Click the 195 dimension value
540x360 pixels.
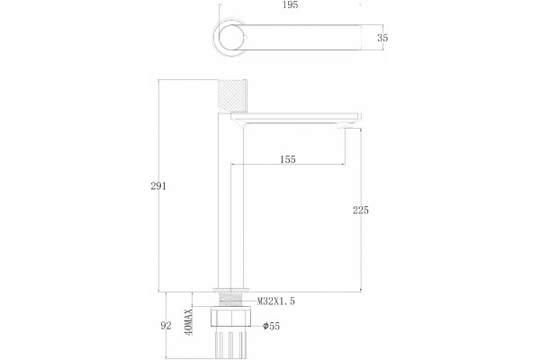tap(290, 4)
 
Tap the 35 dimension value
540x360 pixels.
tap(382, 38)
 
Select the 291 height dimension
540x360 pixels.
tap(158, 186)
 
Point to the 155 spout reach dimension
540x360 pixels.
tap(288, 159)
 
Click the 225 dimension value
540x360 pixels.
tap(361, 210)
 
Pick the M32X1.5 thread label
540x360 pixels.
tap(276, 301)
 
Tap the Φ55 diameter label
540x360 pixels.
tap(272, 326)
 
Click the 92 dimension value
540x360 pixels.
tap(166, 326)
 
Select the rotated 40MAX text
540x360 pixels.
tap(188, 322)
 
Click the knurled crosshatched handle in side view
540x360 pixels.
tap(233, 96)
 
